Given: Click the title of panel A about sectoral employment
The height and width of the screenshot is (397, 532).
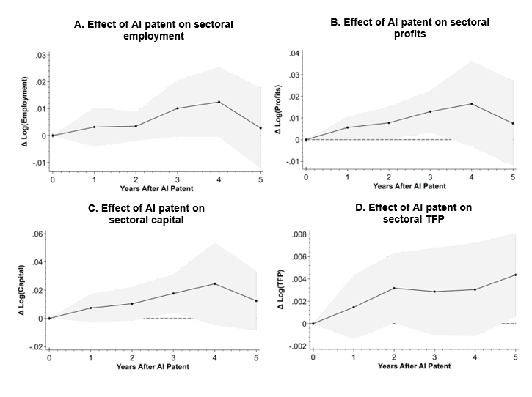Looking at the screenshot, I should pos(154,30).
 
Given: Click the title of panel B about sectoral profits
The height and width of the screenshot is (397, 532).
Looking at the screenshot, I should pos(409,28).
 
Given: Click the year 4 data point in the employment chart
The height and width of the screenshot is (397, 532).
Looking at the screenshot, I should pos(219,102).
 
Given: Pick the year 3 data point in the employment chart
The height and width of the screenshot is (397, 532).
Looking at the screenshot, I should pos(177,108).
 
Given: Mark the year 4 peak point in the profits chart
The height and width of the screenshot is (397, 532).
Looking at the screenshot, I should pos(472,104).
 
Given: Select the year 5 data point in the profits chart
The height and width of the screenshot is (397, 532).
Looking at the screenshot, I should pos(514,123).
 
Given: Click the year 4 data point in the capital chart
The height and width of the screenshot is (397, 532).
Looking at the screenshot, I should pos(215,283).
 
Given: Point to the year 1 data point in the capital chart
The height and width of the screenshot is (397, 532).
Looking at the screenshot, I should pos(90,308).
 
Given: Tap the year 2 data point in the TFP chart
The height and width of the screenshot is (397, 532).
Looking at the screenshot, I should pos(394,288).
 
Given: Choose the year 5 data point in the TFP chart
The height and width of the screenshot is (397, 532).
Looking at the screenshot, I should pos(516,275).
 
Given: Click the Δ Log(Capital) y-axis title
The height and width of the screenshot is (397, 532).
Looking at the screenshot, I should pos(21,290).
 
